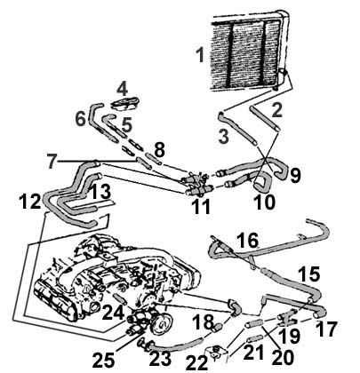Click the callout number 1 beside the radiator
tap(201, 55)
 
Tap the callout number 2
tap(276, 110)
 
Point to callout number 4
tap(122, 87)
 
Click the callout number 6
tap(80, 118)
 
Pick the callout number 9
tap(294, 175)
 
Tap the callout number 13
tap(100, 192)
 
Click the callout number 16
tap(246, 240)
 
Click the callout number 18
tap(202, 321)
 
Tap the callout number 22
tap(197, 362)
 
